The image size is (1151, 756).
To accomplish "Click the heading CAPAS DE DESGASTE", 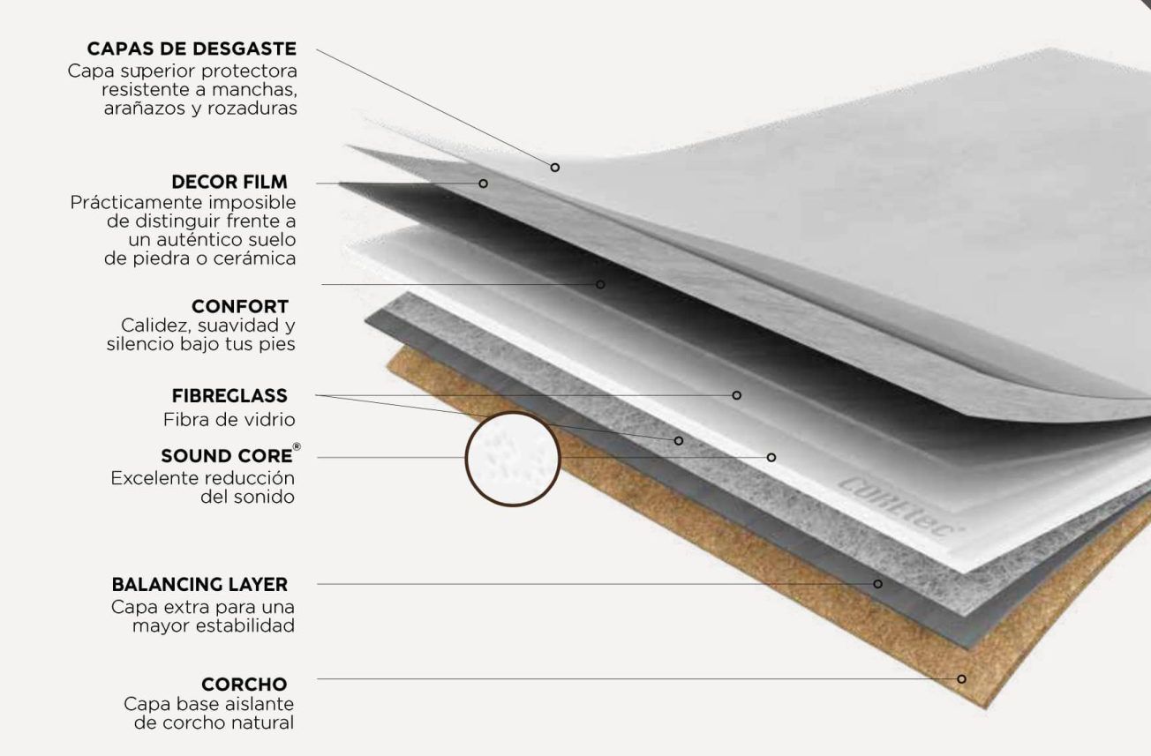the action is pyautogui.click(x=192, y=49).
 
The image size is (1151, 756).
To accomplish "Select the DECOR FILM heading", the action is pyautogui.click(x=229, y=182).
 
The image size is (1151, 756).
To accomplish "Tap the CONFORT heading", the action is pyautogui.click(x=240, y=307).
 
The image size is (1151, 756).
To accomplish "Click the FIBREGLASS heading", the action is pyautogui.click(x=229, y=396).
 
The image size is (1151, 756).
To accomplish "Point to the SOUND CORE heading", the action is pyautogui.click(x=227, y=456).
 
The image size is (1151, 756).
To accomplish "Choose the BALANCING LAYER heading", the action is pyautogui.click(x=199, y=585).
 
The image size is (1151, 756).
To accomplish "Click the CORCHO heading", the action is pyautogui.click(x=244, y=685).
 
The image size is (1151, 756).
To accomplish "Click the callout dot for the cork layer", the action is pyautogui.click(x=961, y=679).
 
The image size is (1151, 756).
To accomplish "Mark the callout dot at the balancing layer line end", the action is pyautogui.click(x=877, y=584).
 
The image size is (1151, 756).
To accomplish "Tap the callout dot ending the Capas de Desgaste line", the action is pyautogui.click(x=555, y=168).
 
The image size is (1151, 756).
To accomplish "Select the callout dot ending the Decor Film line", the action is pyautogui.click(x=483, y=183).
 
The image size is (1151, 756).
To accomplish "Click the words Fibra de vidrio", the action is pyautogui.click(x=229, y=420).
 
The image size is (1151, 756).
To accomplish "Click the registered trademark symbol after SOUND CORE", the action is pyautogui.click(x=297, y=447).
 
